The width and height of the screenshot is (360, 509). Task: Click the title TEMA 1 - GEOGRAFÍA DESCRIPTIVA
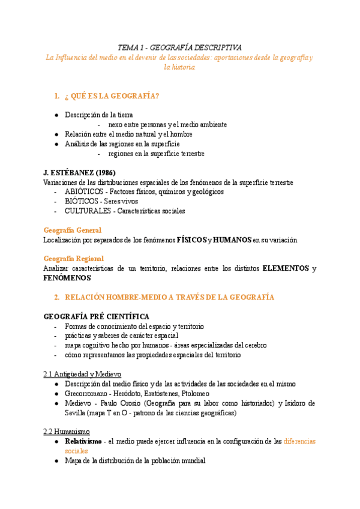179,47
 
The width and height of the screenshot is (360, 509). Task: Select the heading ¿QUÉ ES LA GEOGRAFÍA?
111,96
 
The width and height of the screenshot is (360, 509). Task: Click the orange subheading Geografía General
73,230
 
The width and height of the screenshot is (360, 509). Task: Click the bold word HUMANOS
232,239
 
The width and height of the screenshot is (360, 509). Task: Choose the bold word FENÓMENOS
67,278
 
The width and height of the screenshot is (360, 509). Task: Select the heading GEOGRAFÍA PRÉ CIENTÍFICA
97,316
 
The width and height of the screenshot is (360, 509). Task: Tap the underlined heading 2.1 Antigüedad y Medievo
82,373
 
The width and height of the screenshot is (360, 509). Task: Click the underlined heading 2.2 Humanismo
67,431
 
